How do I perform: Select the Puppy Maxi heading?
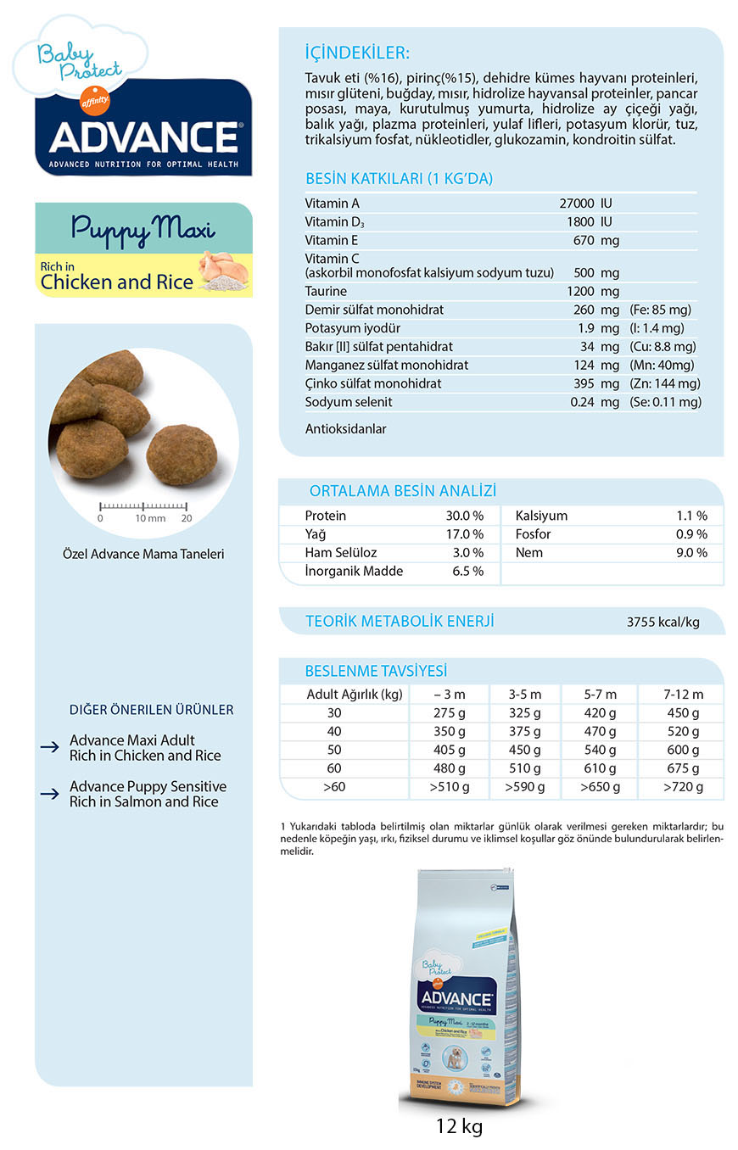[x=143, y=228]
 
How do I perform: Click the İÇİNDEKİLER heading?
[x=357, y=53]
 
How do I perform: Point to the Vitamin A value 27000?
[x=577, y=204]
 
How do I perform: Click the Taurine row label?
[x=326, y=291]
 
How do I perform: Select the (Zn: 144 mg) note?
[x=665, y=383]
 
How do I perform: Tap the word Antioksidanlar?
[x=345, y=429]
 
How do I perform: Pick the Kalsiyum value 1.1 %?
[x=691, y=516]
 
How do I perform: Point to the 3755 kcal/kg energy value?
[x=663, y=622]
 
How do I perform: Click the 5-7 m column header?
[x=600, y=695]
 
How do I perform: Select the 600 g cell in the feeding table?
[x=683, y=751]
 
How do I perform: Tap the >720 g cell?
[x=683, y=787]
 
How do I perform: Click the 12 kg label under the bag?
[x=459, y=1126]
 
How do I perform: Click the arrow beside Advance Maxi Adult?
[x=49, y=748]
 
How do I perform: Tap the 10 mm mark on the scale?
[x=150, y=518]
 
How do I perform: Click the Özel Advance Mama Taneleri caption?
[x=143, y=555]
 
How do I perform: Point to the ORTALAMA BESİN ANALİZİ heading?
[x=402, y=491]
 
